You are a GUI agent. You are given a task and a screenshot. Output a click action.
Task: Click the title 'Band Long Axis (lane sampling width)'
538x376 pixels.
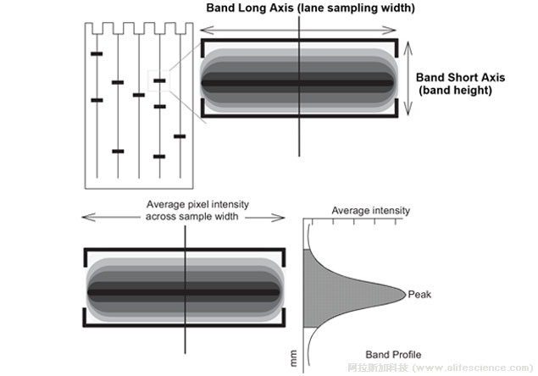pyautogui.click(x=300, y=8)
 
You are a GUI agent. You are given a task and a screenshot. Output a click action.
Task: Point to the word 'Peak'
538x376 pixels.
pyautogui.click(x=419, y=294)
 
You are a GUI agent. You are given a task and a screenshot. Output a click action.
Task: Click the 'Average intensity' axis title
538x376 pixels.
pyautogui.click(x=370, y=210)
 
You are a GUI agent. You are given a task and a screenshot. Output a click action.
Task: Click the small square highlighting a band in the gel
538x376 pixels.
pyautogui.click(x=158, y=81)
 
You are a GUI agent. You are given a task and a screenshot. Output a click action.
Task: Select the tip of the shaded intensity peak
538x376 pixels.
pyautogui.click(x=403, y=294)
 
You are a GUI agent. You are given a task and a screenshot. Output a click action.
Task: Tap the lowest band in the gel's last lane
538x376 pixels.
pyautogui.click(x=180, y=135)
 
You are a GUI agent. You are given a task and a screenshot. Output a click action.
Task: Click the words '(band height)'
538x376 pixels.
pyautogui.click(x=455, y=88)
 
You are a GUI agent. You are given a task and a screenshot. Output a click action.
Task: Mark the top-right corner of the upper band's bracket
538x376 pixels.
pyautogui.click(x=396, y=41)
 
